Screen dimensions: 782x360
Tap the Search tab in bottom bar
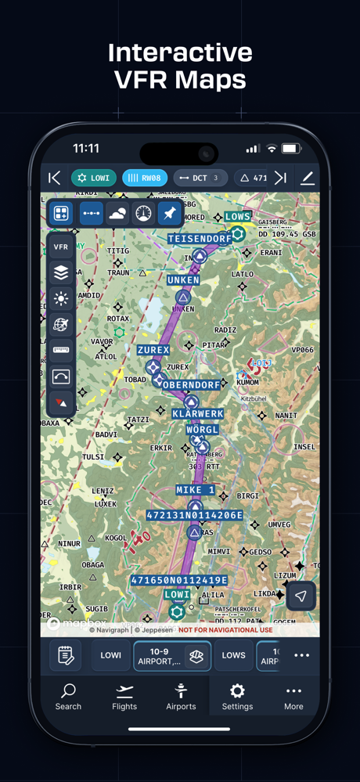pos(68,696)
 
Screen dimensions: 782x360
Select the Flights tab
pos(124,696)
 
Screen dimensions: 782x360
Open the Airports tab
pos(181,696)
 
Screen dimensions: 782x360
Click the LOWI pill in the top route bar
pos(94,178)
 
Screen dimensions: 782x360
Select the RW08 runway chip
pos(145,178)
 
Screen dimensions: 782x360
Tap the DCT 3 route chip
pos(200,178)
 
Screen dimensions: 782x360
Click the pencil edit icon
pos(308,178)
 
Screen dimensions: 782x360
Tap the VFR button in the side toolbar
pos(61,247)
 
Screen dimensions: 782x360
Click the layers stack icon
pos(61,272)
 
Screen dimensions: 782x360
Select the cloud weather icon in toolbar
pos(117,214)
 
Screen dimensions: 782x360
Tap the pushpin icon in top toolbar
pos(169,214)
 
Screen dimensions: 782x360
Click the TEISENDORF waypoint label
pos(199,238)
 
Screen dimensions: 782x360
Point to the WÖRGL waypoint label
pos(203,431)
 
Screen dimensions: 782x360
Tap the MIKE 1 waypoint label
pos(195,490)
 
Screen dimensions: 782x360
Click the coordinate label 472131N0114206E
pos(194,515)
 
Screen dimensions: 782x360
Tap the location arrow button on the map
pos(301,596)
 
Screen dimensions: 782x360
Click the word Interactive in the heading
pos(180,52)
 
